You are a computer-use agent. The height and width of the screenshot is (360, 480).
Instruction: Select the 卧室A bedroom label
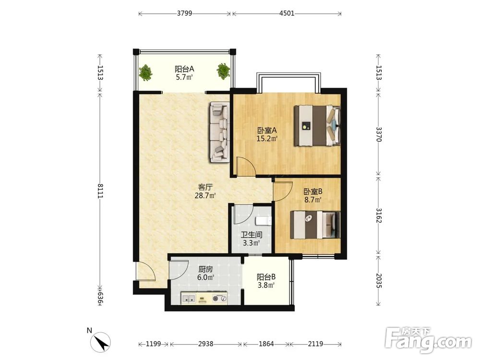[x=267, y=131]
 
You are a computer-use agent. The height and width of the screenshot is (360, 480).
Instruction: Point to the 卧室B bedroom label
[x=313, y=192]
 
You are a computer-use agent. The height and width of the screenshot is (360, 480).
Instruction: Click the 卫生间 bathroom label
[x=252, y=235]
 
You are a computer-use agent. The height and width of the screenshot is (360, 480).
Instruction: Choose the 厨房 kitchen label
[x=205, y=269]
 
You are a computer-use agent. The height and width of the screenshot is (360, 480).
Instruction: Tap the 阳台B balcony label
[x=266, y=277]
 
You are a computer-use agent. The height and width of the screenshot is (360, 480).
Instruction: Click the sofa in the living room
[x=219, y=132]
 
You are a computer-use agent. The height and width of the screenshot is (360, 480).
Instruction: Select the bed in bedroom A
[x=317, y=125]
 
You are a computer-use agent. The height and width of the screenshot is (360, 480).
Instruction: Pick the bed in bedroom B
[x=315, y=225]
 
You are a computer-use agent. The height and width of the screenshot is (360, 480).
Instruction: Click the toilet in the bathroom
[x=263, y=221]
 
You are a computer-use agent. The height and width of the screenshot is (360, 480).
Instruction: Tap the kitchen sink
[x=189, y=298]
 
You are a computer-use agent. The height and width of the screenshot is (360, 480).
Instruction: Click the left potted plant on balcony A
[x=145, y=73]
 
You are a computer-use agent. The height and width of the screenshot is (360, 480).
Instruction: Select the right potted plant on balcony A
[x=224, y=71]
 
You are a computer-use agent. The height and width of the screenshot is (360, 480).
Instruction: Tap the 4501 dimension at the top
[x=287, y=13]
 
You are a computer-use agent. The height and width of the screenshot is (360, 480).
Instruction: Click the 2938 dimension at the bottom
[x=206, y=344]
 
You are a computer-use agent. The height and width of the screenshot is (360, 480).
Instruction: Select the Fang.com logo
[x=428, y=339]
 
